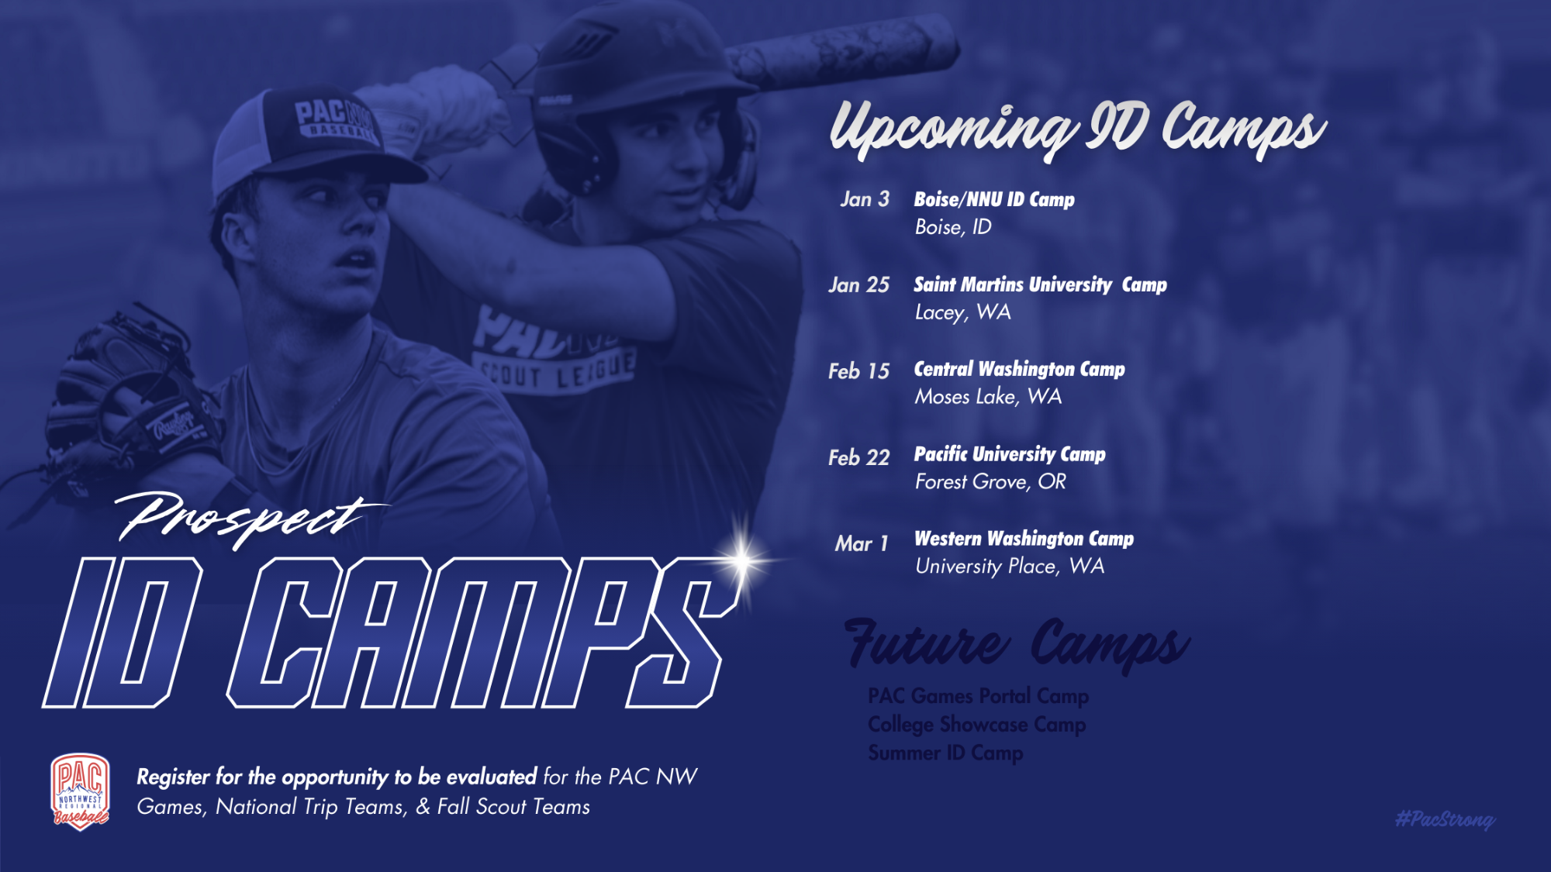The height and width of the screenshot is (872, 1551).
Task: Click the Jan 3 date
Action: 865,199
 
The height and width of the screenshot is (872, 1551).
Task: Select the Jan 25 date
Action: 858,285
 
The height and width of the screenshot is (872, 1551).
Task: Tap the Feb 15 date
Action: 858,371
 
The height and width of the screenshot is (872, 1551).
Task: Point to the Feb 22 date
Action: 858,457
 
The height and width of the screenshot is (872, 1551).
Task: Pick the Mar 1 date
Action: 862,543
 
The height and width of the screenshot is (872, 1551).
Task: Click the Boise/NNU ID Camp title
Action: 994,199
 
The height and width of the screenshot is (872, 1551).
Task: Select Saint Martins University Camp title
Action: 1040,284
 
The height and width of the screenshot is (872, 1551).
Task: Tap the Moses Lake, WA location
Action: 988,397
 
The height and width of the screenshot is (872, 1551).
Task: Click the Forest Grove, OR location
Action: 990,482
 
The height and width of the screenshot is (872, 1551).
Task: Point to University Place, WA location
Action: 1010,567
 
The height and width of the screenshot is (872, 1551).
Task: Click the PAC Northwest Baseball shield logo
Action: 81,791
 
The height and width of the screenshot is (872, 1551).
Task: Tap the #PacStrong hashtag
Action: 1445,819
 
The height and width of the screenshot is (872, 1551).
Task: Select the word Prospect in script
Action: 248,518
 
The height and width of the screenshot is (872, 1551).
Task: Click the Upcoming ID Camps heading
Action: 1078,128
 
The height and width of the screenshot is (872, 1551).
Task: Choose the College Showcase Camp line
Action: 976,725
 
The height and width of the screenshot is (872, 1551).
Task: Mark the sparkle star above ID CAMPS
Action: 743,560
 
